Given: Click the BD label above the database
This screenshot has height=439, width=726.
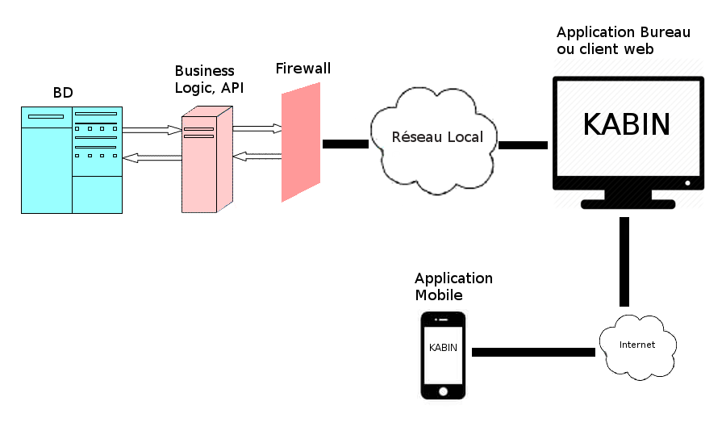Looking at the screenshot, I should (x=63, y=93).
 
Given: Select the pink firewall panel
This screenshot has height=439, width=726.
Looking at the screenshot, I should (x=301, y=143).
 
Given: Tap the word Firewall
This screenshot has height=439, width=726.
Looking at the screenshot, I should (x=303, y=68).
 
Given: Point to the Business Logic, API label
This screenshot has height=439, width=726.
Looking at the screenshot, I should (x=208, y=79).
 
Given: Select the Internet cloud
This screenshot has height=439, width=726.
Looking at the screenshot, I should (x=636, y=345).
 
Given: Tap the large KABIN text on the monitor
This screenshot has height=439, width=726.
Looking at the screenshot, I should (x=627, y=124).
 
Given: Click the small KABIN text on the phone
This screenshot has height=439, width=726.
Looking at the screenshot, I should (x=443, y=348).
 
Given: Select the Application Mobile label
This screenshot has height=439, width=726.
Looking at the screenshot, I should (x=453, y=286).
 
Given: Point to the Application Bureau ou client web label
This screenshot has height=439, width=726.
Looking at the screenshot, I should (x=623, y=40).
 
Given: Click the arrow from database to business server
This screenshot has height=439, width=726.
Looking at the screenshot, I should (x=152, y=129).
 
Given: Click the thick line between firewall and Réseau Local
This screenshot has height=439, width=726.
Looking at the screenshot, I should (x=345, y=144).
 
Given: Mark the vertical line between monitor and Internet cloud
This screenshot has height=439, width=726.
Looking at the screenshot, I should (x=624, y=261).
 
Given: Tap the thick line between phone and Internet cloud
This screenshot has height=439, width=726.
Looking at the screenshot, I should (x=533, y=352).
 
